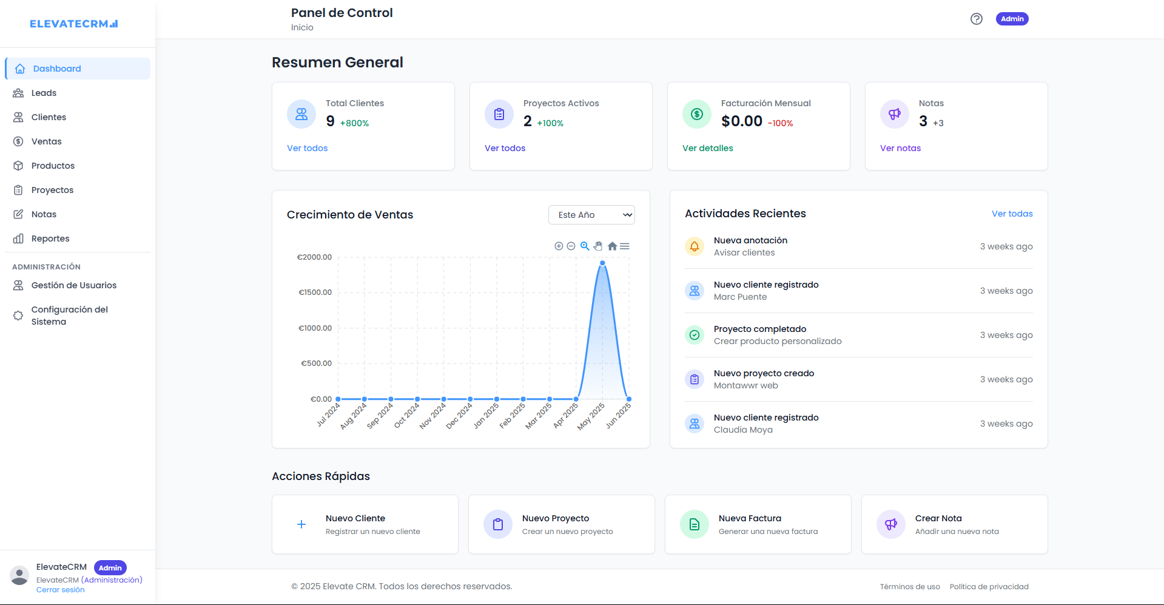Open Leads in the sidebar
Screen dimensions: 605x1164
pyautogui.click(x=44, y=93)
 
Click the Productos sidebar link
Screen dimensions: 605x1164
pyautogui.click(x=53, y=166)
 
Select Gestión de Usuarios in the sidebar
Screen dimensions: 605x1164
pyautogui.click(x=73, y=285)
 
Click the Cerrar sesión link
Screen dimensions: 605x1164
pyautogui.click(x=60, y=590)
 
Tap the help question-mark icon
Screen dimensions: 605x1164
pyautogui.click(x=976, y=19)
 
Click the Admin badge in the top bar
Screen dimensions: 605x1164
pyautogui.click(x=1012, y=19)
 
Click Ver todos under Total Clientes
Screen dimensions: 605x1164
pyautogui.click(x=307, y=148)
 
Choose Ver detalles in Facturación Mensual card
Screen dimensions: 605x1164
pyautogui.click(x=707, y=148)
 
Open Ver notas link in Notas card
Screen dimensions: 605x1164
pyautogui.click(x=900, y=148)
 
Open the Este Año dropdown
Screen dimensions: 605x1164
pyautogui.click(x=591, y=215)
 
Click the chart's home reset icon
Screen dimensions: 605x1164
pyautogui.click(x=612, y=246)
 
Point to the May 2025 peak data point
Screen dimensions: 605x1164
pyautogui.click(x=602, y=263)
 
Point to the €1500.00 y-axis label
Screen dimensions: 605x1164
pyautogui.click(x=315, y=292)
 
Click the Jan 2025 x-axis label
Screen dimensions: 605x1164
pyautogui.click(x=486, y=416)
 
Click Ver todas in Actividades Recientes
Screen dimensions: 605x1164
pyautogui.click(x=1012, y=214)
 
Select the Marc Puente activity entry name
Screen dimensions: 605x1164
pyautogui.click(x=740, y=297)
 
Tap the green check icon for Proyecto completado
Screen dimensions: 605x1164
pyautogui.click(x=695, y=335)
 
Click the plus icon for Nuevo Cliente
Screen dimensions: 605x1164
pyautogui.click(x=301, y=524)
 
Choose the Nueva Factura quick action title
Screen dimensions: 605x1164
pyautogui.click(x=750, y=518)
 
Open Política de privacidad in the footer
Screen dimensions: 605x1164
pyautogui.click(x=989, y=587)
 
